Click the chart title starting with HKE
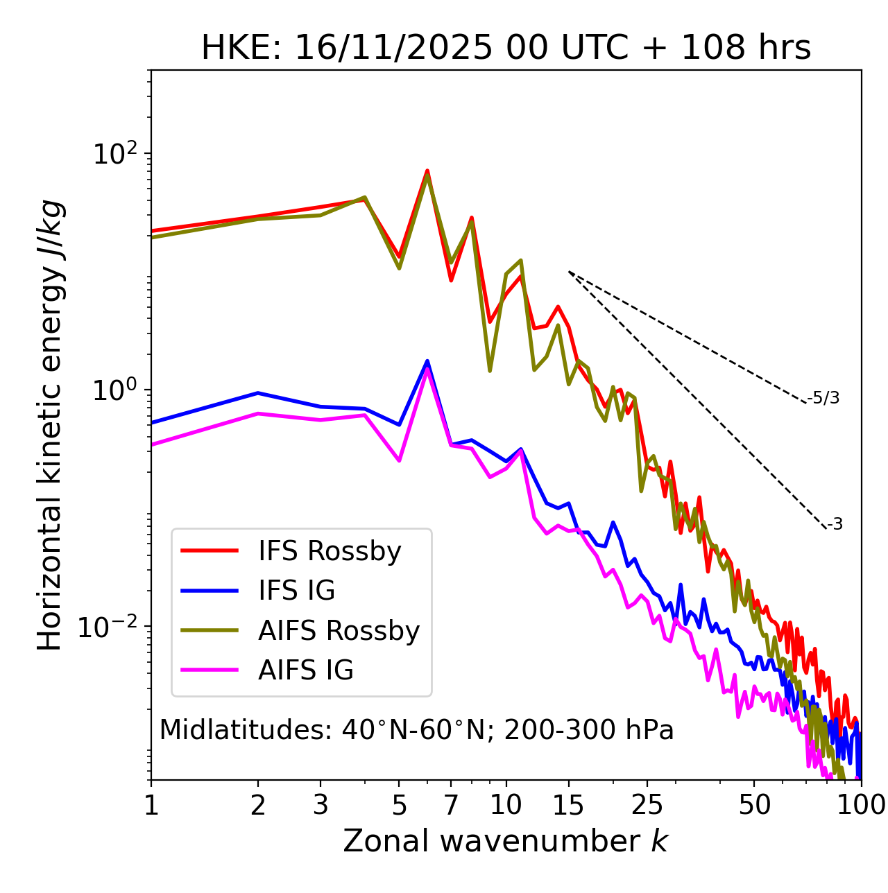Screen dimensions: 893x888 click(506, 49)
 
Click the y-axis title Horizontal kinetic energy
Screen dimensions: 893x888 click(50, 425)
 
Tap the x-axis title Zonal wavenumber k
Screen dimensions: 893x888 click(506, 840)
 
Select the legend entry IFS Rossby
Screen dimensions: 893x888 click(330, 551)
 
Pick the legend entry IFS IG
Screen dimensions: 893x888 click(296, 591)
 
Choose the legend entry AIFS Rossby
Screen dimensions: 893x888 click(339, 631)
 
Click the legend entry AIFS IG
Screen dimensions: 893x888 click(305, 670)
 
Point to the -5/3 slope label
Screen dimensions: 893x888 click(823, 398)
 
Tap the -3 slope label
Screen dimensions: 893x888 click(835, 524)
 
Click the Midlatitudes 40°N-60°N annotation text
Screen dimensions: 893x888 click(416, 730)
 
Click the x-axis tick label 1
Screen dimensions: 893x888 click(151, 804)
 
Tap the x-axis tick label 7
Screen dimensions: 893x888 click(451, 804)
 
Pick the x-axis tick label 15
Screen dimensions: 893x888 click(569, 804)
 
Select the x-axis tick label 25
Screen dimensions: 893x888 click(647, 804)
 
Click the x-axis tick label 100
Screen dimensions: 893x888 click(861, 804)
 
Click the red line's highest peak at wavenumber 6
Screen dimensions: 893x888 click(427, 170)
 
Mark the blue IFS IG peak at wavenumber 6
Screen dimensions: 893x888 click(427, 361)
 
